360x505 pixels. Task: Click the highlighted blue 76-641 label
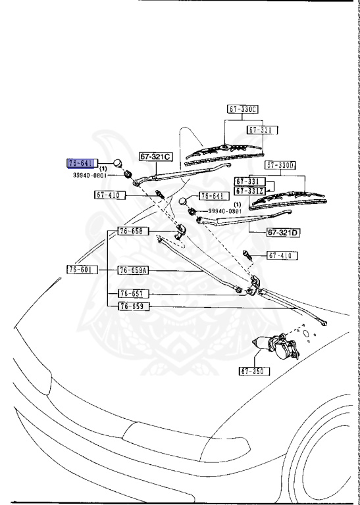point(82,162)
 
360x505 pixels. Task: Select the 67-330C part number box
point(244,109)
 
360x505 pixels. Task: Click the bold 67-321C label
point(155,157)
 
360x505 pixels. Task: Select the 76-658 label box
point(134,231)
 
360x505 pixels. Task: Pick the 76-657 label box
point(134,293)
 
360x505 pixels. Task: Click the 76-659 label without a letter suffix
point(134,306)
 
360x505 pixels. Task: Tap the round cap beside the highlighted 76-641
point(117,163)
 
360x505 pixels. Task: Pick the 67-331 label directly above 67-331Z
point(249,181)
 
